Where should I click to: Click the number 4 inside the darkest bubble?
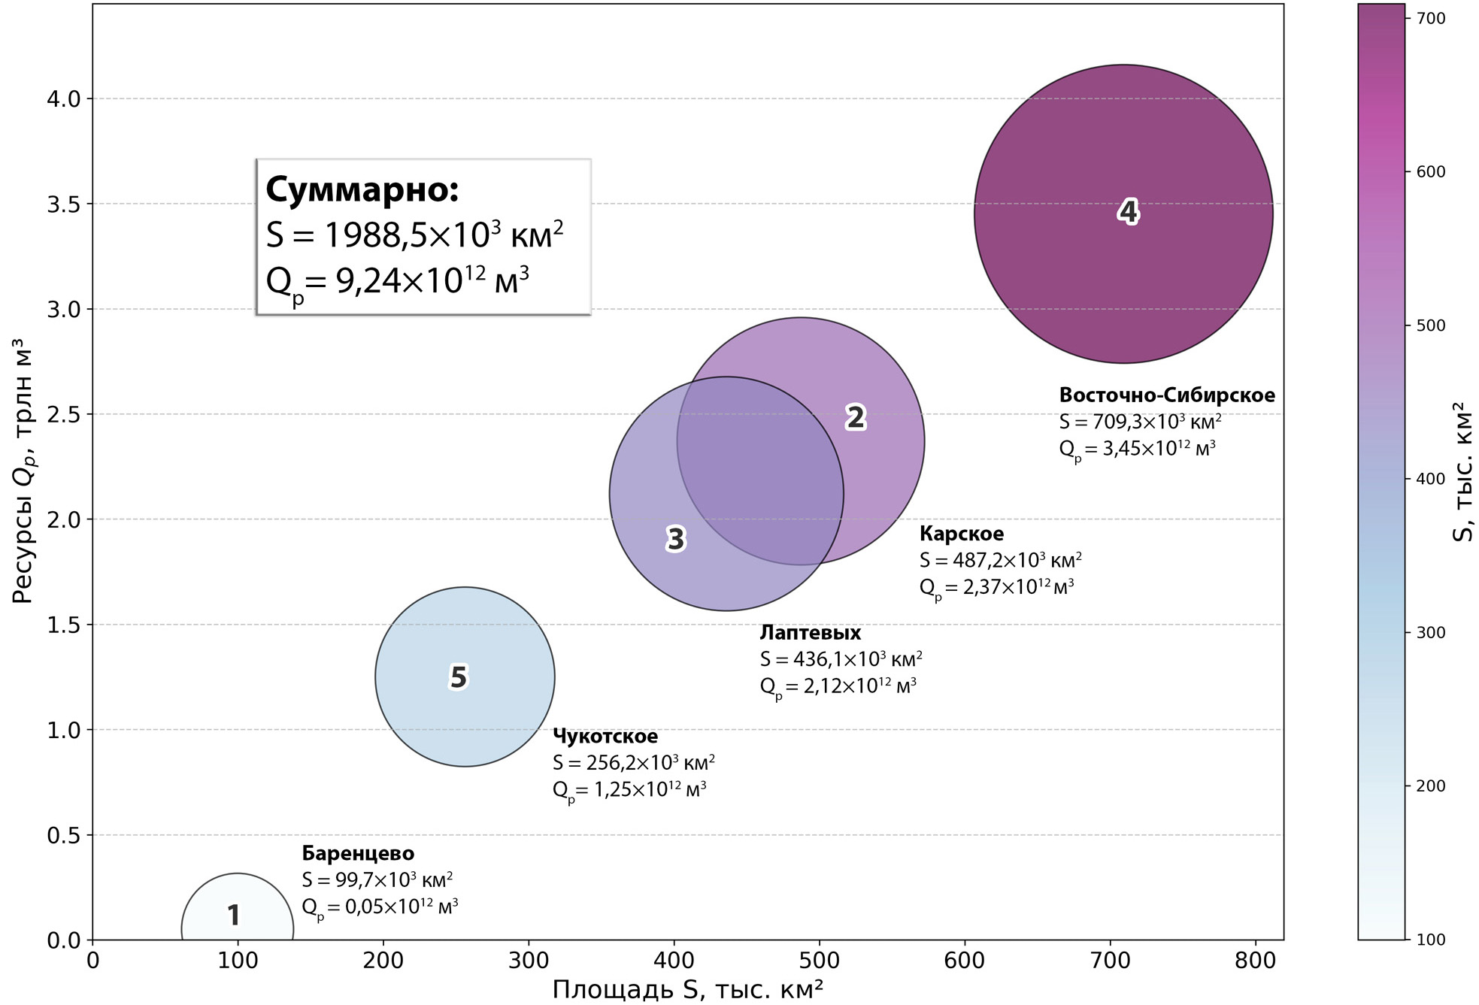[x=1128, y=212]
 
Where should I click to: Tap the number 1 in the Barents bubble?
[x=234, y=915]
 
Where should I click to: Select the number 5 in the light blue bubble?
[x=459, y=677]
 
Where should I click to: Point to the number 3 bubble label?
[x=676, y=539]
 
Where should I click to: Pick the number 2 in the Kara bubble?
[x=856, y=417]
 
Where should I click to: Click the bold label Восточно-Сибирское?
[x=1167, y=395]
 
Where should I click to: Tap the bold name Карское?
[x=961, y=534]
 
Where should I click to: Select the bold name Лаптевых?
[x=810, y=633]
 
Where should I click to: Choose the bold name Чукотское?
[x=605, y=736]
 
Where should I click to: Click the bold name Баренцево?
[x=358, y=853]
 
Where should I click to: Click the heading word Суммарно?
[x=362, y=189]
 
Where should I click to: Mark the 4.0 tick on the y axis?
[x=64, y=99]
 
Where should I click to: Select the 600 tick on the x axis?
[x=964, y=961]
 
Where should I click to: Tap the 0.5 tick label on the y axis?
[x=64, y=835]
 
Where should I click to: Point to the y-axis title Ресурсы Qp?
[x=24, y=471]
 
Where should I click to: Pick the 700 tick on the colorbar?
[x=1431, y=19]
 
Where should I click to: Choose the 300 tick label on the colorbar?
[x=1431, y=633]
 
